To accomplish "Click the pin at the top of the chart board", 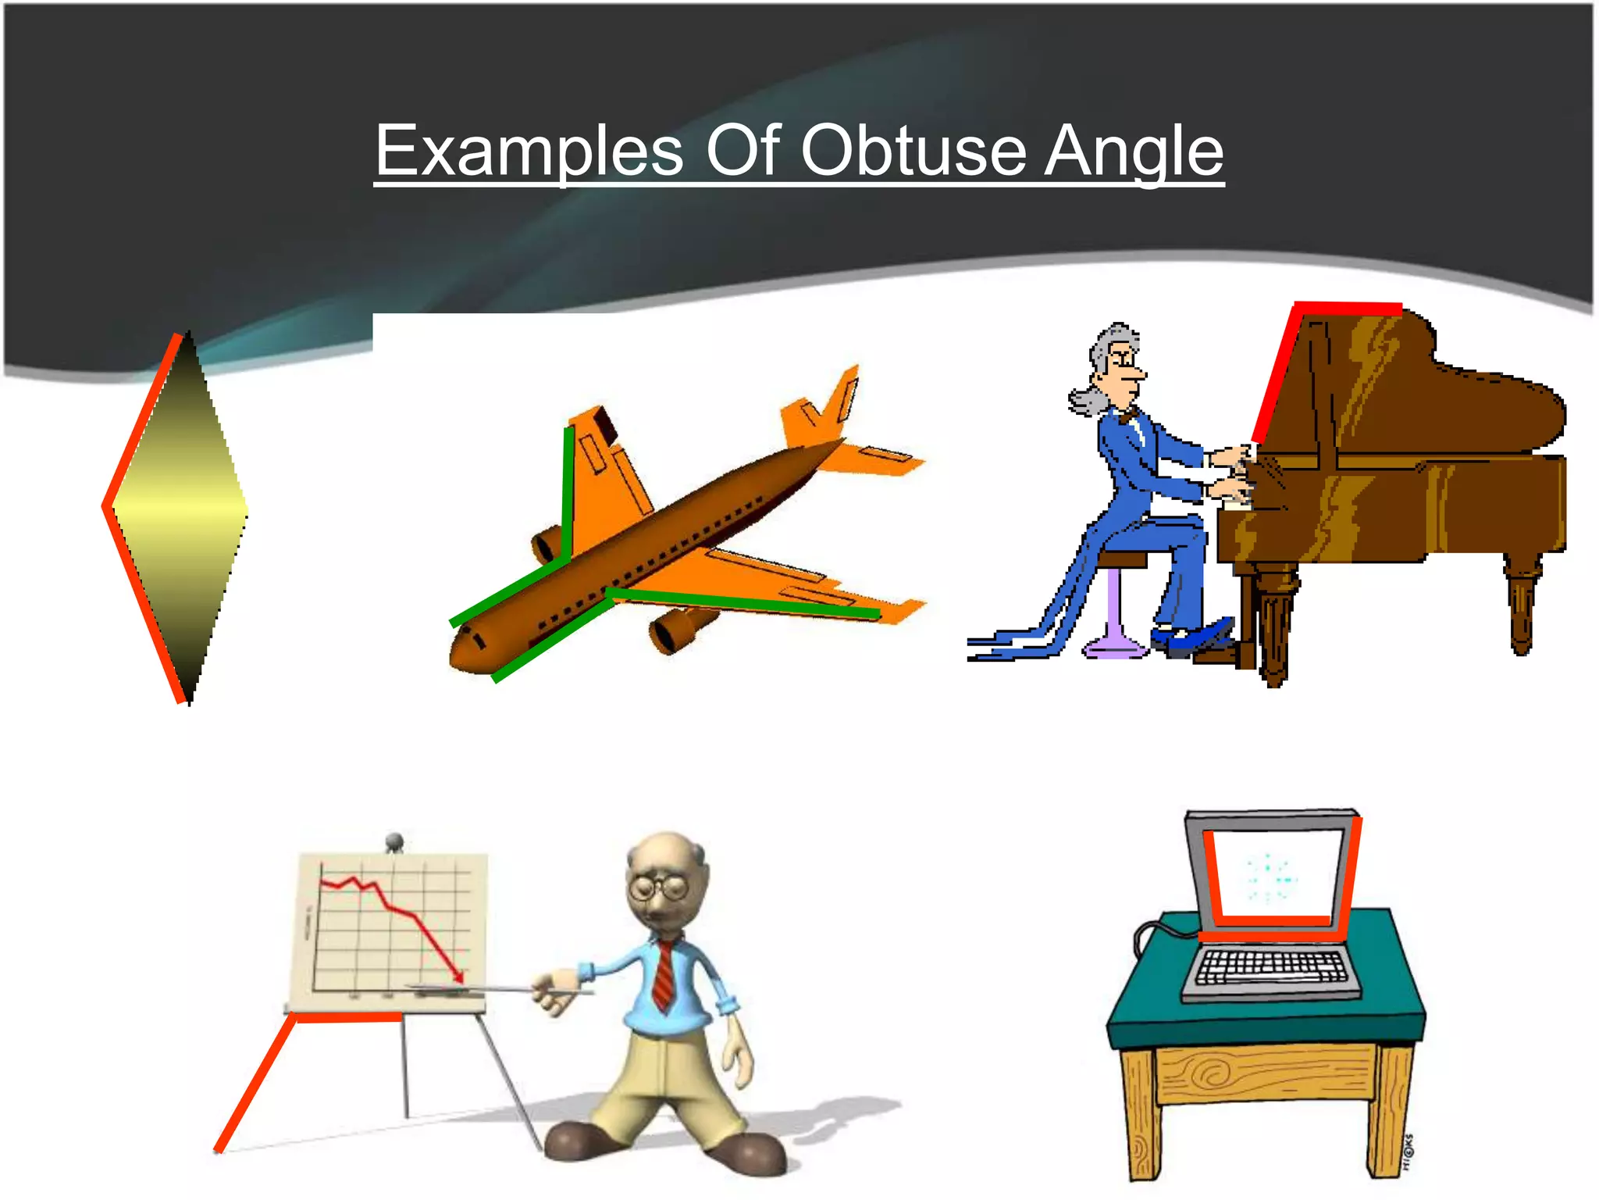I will click(394, 842).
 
